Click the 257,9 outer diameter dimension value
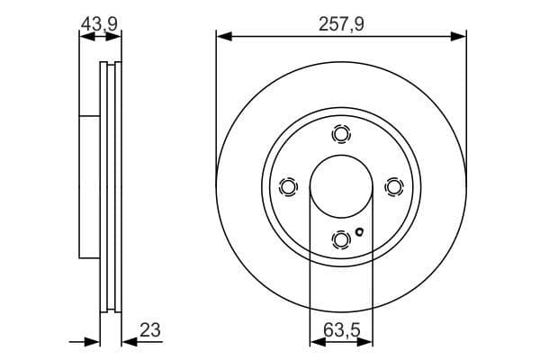click(341, 24)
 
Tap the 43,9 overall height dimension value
click(99, 24)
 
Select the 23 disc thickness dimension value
click(149, 330)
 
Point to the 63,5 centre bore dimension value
click(341, 330)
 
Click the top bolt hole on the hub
click(340, 134)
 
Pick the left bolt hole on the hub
click(288, 186)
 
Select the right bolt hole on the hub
click(392, 186)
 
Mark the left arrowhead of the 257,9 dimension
click(222, 37)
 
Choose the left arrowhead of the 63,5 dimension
click(315, 342)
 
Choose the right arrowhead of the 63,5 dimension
click(366, 342)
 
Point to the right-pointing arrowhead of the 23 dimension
click(93, 342)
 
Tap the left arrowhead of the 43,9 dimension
click(84, 37)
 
